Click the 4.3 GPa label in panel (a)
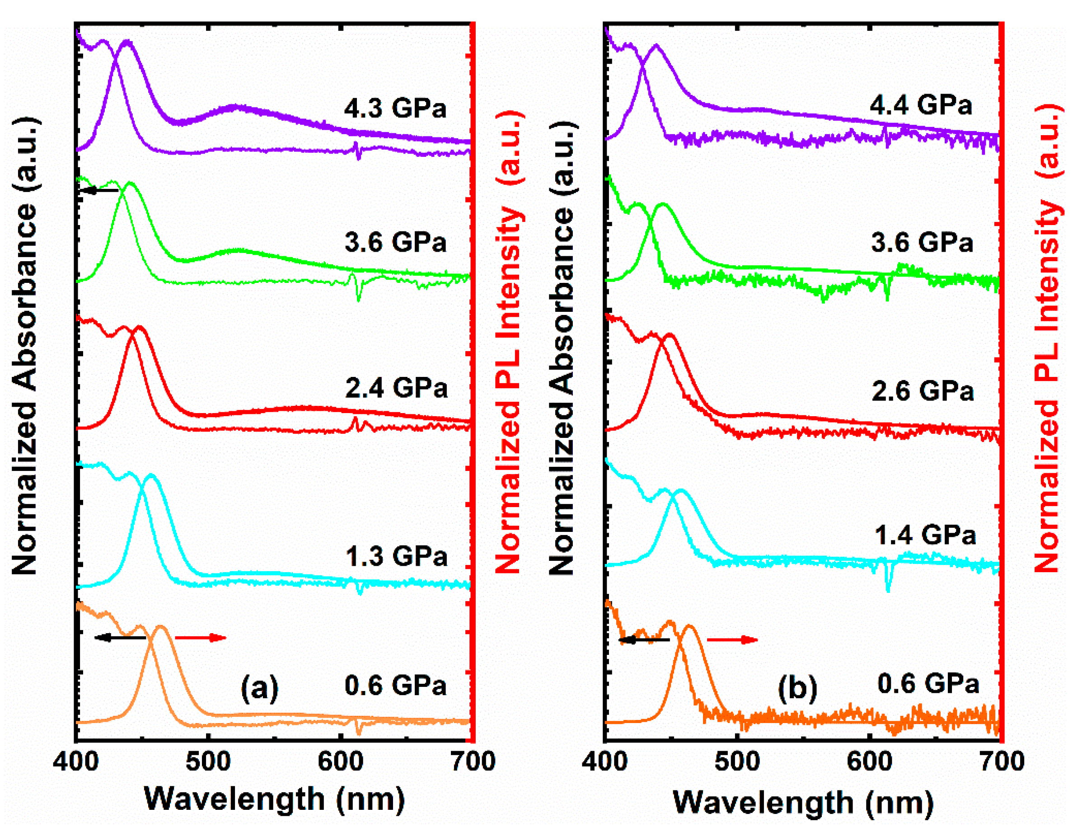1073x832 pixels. click(x=395, y=108)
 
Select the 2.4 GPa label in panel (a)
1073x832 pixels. click(x=396, y=388)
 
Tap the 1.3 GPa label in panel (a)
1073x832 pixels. click(x=396, y=556)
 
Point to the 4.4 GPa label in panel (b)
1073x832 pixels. click(x=921, y=105)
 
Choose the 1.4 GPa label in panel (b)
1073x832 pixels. click(x=925, y=535)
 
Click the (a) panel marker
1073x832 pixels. click(x=259, y=687)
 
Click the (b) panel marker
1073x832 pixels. click(x=797, y=687)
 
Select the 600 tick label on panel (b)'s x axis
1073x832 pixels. click(x=870, y=761)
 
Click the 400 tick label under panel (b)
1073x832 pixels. click(x=605, y=761)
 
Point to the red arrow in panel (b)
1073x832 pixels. click(x=732, y=640)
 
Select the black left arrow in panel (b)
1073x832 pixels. click(x=644, y=640)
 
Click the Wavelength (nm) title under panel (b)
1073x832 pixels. click(x=803, y=803)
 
